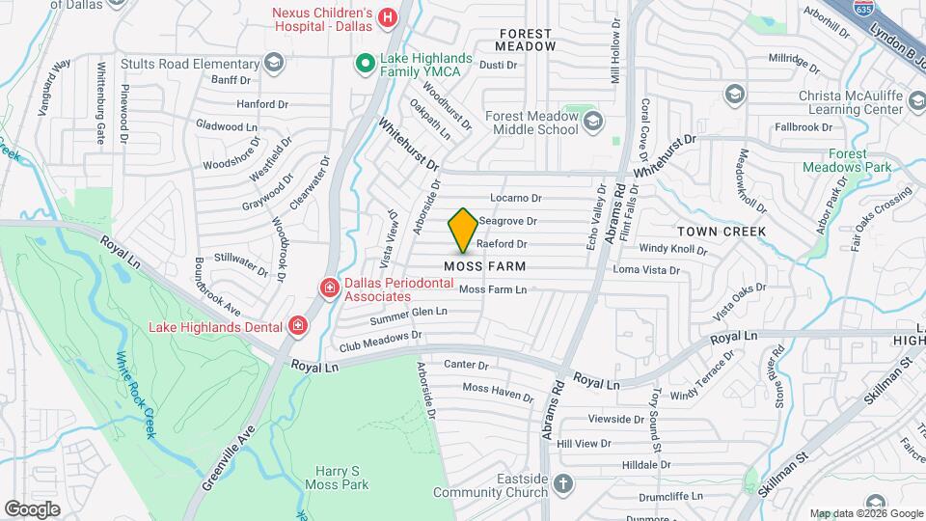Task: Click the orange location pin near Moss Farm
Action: pyautogui.click(x=463, y=230)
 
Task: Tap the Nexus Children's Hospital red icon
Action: pyautogui.click(x=388, y=16)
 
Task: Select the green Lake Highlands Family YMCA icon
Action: pyautogui.click(x=366, y=65)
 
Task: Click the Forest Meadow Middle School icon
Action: pyautogui.click(x=592, y=122)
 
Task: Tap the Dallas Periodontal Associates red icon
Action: pyautogui.click(x=329, y=288)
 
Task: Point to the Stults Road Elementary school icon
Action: pyautogui.click(x=274, y=64)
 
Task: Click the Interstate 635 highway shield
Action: pyautogui.click(x=861, y=8)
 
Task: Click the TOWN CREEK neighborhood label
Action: pyautogui.click(x=722, y=232)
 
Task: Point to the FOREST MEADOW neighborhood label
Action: pyautogui.click(x=527, y=40)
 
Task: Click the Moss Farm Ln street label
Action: pyautogui.click(x=493, y=289)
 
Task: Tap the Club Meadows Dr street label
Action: pyautogui.click(x=380, y=340)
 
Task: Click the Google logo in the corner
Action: pyautogui.click(x=32, y=508)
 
